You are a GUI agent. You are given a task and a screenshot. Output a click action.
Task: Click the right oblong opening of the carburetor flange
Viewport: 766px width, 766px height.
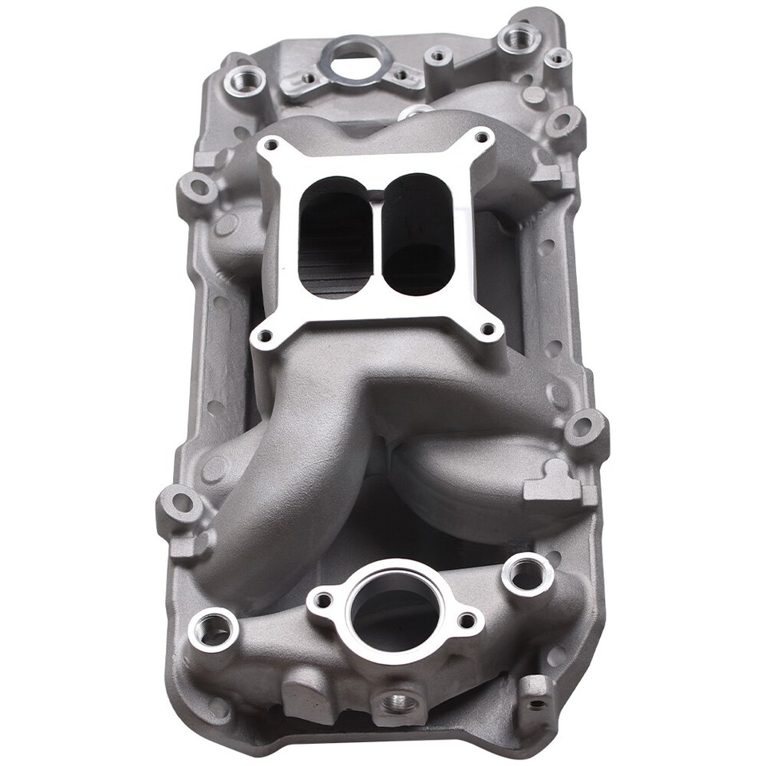point(416,231)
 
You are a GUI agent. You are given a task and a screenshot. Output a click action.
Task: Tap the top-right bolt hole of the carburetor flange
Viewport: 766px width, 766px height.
point(480,136)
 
